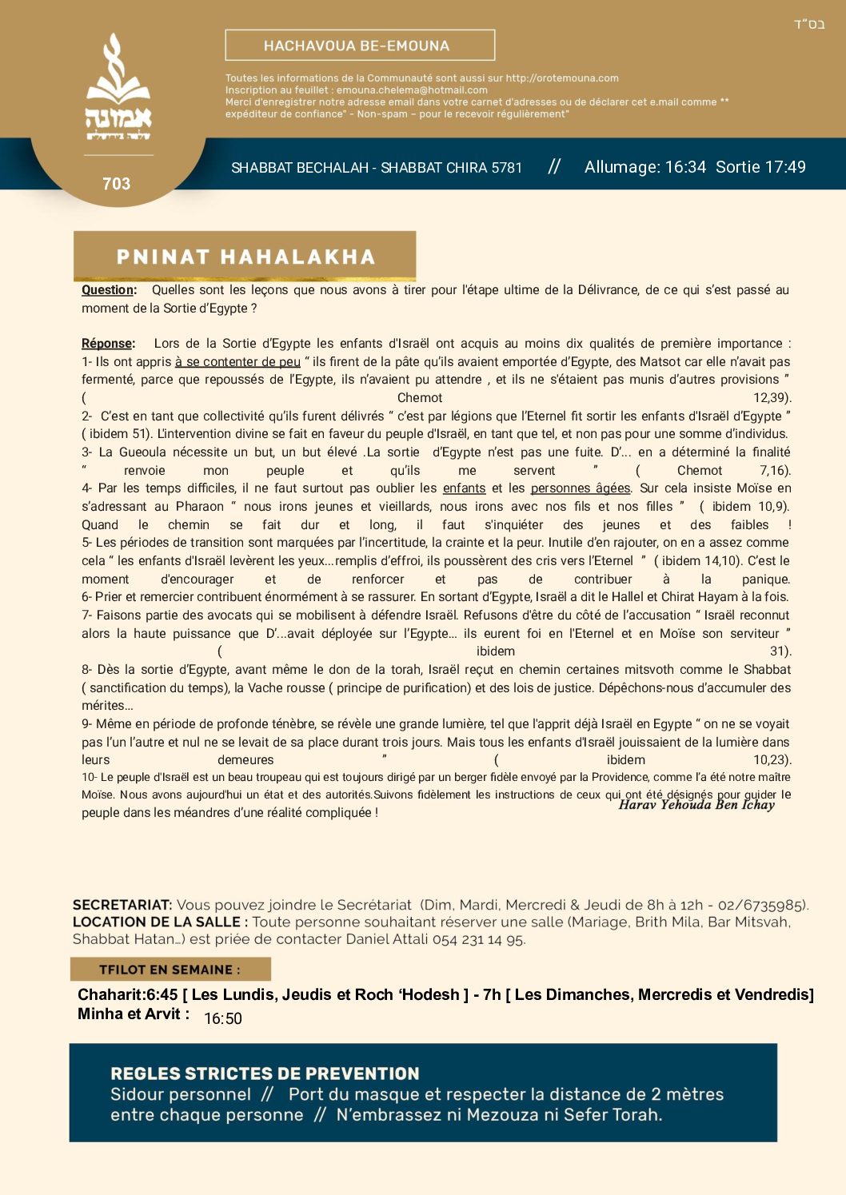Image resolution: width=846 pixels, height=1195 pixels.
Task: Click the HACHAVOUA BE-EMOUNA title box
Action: [x=360, y=46]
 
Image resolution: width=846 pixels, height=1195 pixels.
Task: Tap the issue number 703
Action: [x=117, y=184]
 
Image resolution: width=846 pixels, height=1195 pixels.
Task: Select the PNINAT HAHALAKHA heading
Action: [x=245, y=257]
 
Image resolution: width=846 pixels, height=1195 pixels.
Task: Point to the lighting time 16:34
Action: [x=685, y=167]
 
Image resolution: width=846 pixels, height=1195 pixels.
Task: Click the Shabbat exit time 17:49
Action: [x=784, y=167]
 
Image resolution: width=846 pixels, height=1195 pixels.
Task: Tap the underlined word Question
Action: [x=109, y=290]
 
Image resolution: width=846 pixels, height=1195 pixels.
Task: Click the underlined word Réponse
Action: [x=108, y=344]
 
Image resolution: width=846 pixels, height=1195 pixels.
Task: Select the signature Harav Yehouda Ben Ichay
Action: [x=696, y=805]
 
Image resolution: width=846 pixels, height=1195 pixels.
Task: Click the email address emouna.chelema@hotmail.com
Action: [x=412, y=90]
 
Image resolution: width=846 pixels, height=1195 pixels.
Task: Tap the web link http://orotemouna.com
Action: [x=562, y=78]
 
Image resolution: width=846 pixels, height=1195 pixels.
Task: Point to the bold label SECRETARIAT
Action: [x=122, y=905]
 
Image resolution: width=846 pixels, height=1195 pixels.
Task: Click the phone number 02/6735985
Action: [x=762, y=905]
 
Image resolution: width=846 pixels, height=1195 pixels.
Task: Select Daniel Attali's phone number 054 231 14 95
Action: [x=478, y=939]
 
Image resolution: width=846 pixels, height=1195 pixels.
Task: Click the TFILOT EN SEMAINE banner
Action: [x=170, y=970]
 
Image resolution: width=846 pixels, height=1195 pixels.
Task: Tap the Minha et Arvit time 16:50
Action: [x=223, y=1019]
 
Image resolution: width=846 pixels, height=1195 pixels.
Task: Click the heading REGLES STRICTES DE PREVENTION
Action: [x=265, y=1074]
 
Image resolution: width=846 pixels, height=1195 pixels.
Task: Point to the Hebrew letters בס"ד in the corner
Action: [x=809, y=24]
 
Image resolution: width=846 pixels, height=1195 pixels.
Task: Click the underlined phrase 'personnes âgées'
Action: [x=581, y=488]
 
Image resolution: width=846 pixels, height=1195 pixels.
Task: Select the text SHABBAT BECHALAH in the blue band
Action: [x=299, y=168]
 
